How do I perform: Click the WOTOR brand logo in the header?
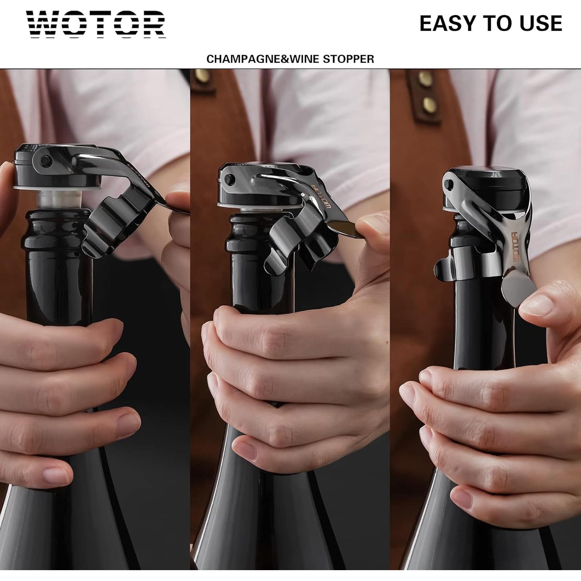click(96, 24)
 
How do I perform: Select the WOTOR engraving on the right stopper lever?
click(516, 246)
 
